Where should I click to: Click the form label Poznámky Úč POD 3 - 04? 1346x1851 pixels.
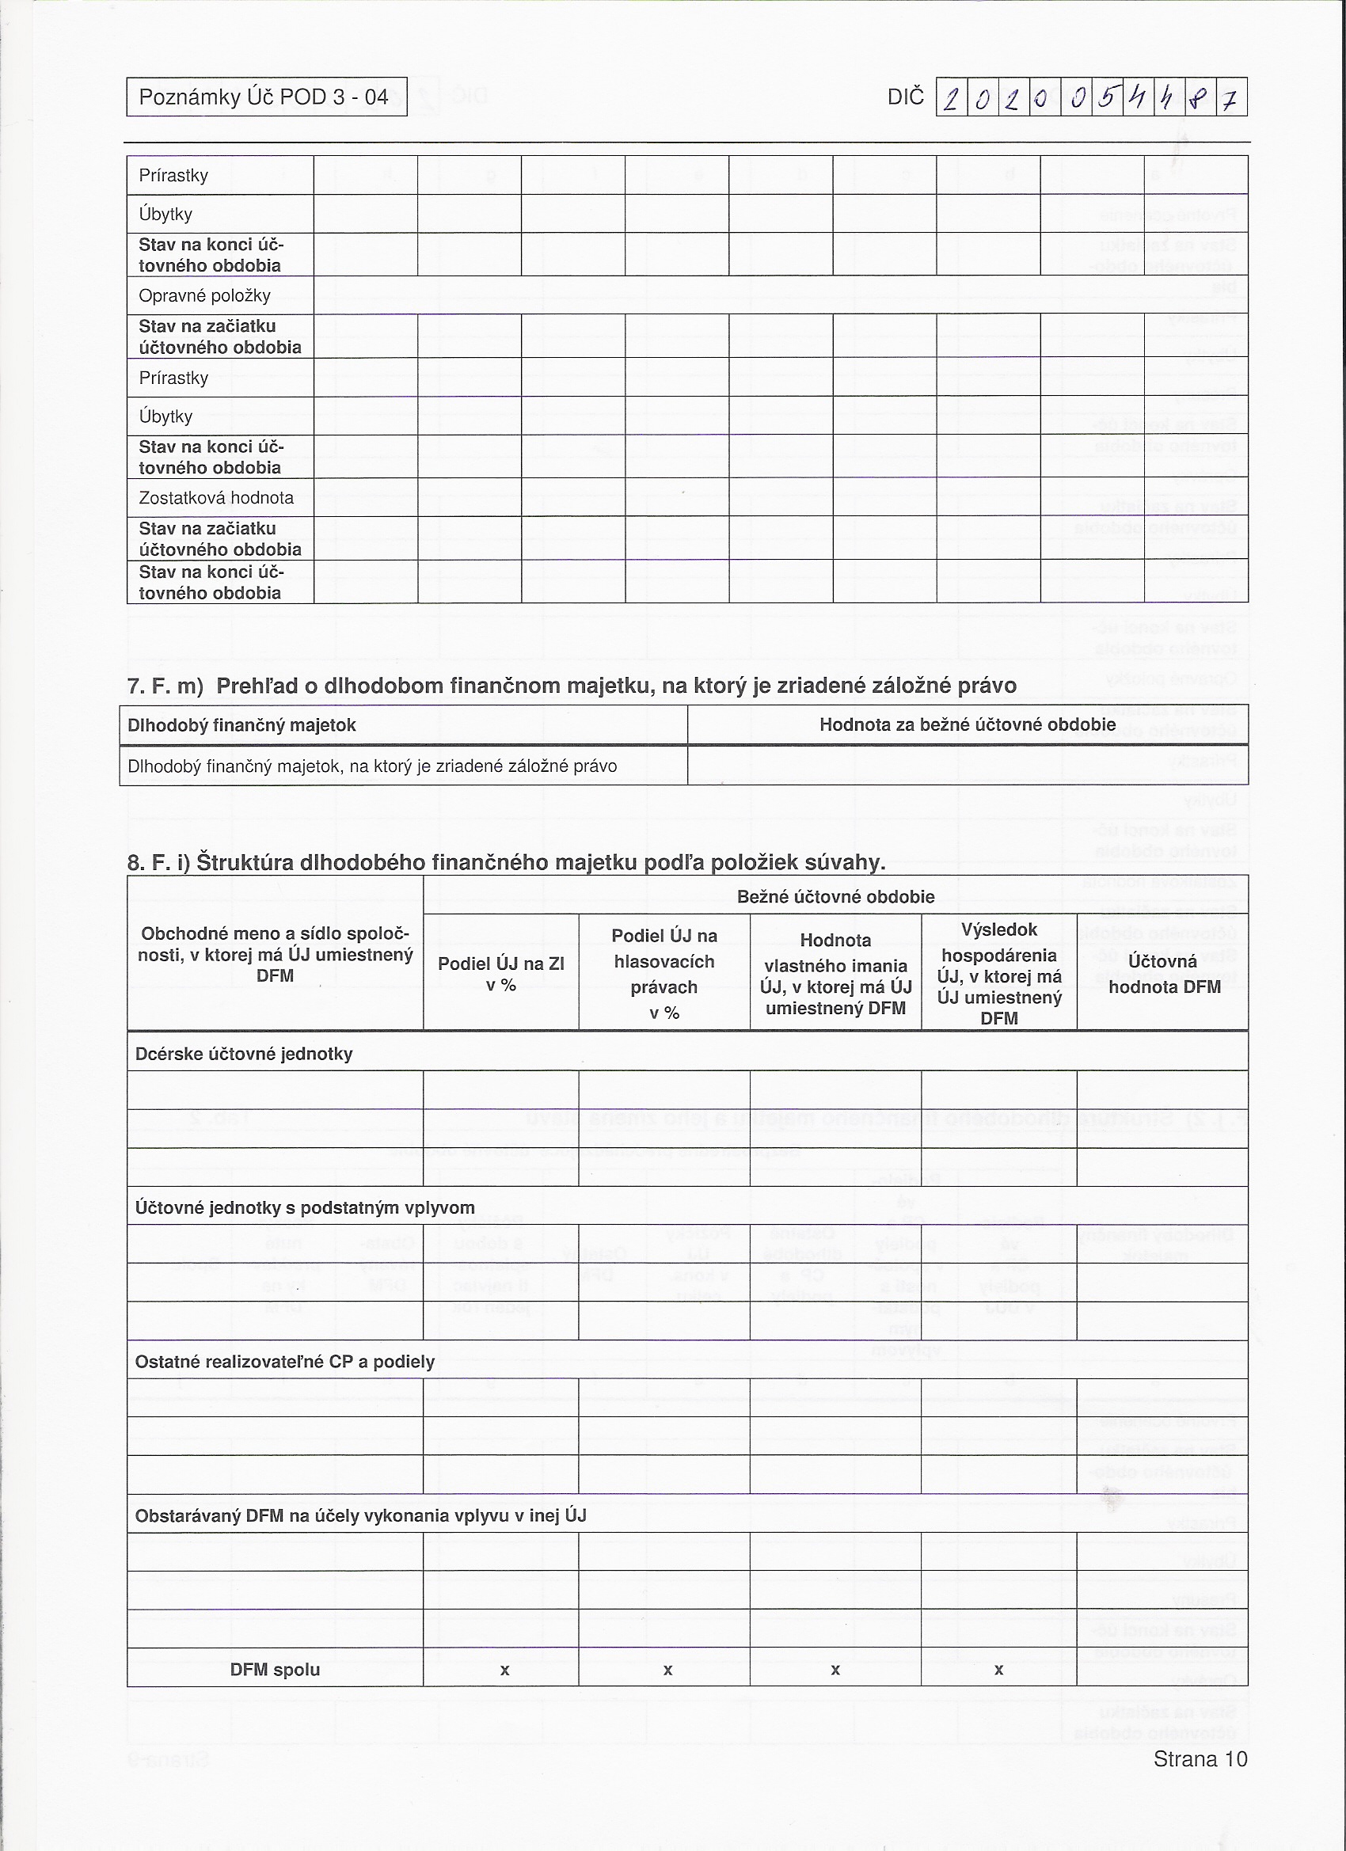(264, 97)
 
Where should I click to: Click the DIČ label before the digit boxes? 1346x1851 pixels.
(905, 97)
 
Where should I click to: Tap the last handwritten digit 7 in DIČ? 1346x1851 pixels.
(1231, 99)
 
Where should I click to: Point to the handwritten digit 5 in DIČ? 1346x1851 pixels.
(1106, 98)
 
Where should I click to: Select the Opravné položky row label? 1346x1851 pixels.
(204, 295)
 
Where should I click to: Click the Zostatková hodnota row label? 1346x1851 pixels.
(215, 498)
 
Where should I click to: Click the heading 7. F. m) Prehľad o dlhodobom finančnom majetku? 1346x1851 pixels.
(572, 686)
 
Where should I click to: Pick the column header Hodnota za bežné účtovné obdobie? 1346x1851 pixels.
(968, 724)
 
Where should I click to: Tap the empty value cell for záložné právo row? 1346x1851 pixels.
(968, 766)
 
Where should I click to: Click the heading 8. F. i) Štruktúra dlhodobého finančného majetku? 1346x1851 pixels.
(506, 863)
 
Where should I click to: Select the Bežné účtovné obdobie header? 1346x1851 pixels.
(835, 897)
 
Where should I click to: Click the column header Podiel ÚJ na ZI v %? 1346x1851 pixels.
(500, 974)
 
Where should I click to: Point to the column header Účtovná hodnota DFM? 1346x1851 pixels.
(1163, 974)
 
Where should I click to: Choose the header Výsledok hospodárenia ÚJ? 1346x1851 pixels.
(999, 974)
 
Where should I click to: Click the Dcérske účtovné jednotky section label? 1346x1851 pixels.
(244, 1054)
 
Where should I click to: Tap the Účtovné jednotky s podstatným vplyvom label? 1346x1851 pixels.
(305, 1208)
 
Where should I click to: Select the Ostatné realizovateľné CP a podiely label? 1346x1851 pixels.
(284, 1361)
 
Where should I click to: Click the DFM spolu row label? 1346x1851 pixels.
(274, 1670)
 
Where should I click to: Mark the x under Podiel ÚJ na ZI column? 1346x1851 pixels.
(504, 1670)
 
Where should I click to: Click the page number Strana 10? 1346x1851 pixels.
(1200, 1759)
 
